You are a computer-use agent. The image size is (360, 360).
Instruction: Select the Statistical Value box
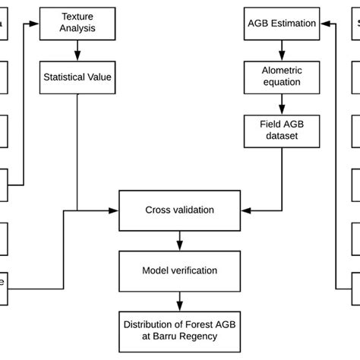tap(77, 77)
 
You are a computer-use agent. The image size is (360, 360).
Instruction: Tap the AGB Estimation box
tap(282, 24)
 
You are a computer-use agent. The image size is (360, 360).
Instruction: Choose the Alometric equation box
tap(282, 77)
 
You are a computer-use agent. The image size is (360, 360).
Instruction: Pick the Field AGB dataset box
tap(282, 130)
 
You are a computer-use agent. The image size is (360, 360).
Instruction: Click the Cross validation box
tap(179, 210)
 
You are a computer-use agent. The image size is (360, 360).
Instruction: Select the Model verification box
tap(179, 270)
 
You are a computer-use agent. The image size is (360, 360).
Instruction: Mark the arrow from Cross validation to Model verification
tap(179, 241)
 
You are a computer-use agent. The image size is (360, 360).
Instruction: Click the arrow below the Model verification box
tap(179, 301)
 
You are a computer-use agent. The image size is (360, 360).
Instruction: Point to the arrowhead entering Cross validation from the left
tap(115, 210)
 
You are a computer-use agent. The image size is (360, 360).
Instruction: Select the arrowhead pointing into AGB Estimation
tap(323, 24)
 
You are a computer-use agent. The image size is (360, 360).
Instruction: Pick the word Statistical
tap(65, 77)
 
